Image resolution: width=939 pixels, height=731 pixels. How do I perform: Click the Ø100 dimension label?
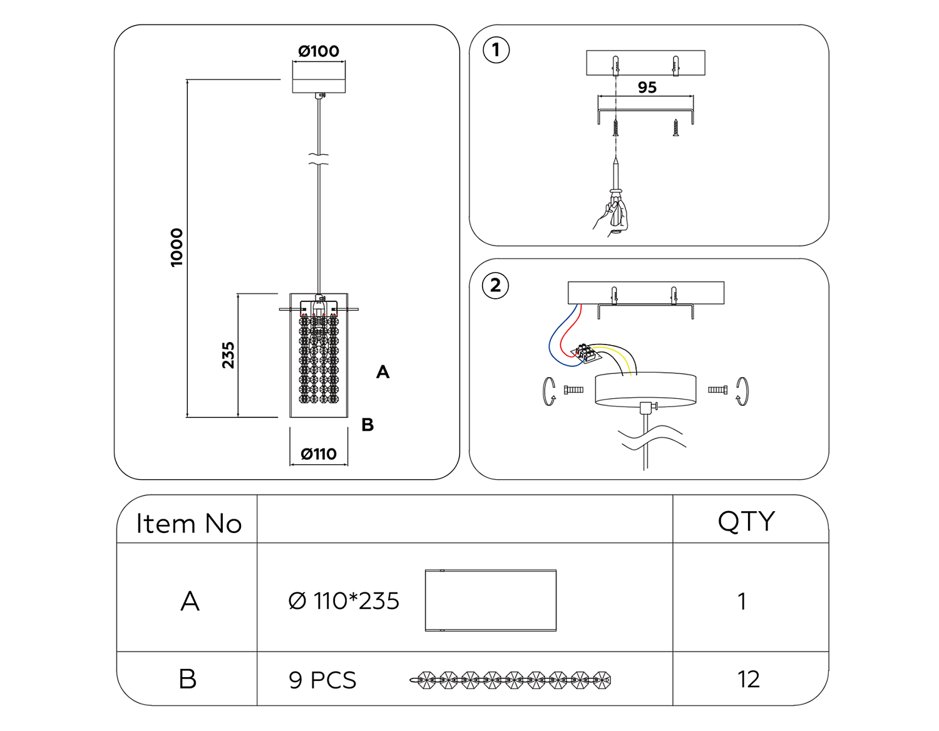click(x=319, y=51)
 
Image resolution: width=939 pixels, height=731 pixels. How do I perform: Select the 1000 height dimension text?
click(x=177, y=247)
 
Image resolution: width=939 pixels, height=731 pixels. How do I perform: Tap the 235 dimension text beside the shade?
click(x=228, y=355)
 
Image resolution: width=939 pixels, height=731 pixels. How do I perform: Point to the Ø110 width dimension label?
click(x=319, y=454)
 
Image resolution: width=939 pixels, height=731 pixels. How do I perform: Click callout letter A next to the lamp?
click(x=382, y=373)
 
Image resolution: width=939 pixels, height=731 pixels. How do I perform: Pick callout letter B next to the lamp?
click(x=367, y=425)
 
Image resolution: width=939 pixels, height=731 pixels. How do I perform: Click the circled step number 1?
click(x=496, y=49)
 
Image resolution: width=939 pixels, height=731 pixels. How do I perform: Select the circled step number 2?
click(x=495, y=286)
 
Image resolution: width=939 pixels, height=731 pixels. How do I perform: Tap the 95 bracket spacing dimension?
click(x=647, y=88)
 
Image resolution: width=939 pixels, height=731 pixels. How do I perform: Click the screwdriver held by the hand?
click(x=617, y=194)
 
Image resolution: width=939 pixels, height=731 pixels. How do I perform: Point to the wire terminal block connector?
click(x=586, y=353)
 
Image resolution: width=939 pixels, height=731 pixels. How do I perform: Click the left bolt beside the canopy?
click(x=573, y=390)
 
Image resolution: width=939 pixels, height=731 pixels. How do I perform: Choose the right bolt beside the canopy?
click(x=717, y=390)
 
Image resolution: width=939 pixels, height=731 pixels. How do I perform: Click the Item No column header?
click(x=188, y=524)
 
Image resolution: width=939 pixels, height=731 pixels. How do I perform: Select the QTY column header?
click(x=746, y=521)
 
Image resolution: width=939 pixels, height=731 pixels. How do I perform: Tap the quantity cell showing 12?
click(x=749, y=680)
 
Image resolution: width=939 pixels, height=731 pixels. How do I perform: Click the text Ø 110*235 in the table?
click(x=344, y=601)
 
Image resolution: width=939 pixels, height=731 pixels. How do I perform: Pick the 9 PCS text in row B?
click(x=322, y=680)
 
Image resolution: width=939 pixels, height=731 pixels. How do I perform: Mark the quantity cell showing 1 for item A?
click(x=742, y=602)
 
